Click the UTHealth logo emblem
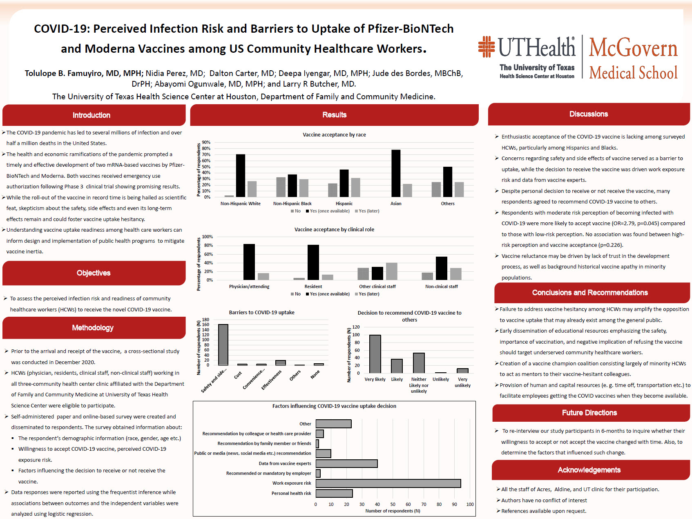(487, 47)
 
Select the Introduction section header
(92, 115)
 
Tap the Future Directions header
(589, 413)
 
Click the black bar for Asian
(396, 173)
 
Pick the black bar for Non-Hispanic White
(241, 176)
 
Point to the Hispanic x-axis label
(344, 204)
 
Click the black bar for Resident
(313, 262)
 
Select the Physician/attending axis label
(249, 286)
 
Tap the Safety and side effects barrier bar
(223, 345)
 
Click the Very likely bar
(375, 354)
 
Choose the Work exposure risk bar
(388, 483)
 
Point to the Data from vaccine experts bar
(346, 463)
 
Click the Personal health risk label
(291, 493)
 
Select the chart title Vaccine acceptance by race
(334, 134)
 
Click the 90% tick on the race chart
(206, 143)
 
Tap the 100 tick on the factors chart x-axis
(470, 504)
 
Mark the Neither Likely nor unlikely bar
(419, 363)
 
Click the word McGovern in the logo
(633, 48)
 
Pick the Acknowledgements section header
(589, 470)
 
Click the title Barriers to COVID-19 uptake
(261, 312)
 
